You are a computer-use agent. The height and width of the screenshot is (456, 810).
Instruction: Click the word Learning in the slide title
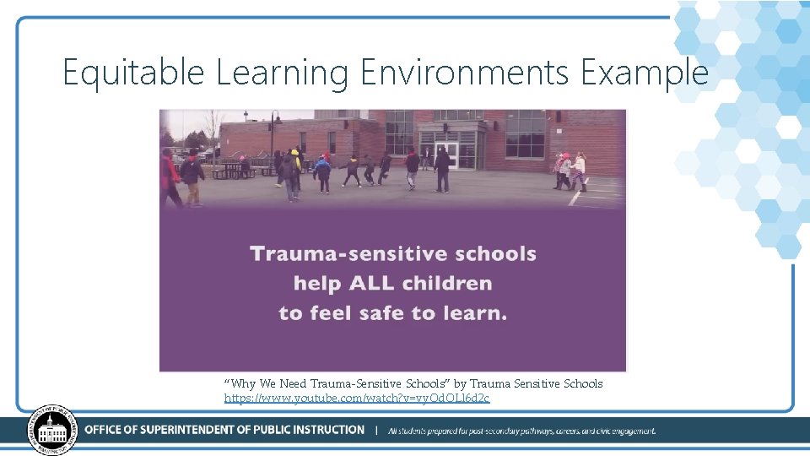click(x=282, y=73)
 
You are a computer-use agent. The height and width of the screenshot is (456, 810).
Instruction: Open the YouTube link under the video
click(x=356, y=398)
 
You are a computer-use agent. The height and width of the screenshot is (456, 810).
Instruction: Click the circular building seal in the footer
click(x=52, y=430)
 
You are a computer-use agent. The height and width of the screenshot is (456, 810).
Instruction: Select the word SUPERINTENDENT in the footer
click(x=213, y=430)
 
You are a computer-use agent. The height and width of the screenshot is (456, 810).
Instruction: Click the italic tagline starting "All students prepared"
click(x=521, y=431)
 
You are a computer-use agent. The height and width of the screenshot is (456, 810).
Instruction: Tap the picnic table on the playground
click(x=232, y=170)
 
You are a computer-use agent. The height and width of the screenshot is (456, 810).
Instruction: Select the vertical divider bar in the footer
click(x=375, y=430)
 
